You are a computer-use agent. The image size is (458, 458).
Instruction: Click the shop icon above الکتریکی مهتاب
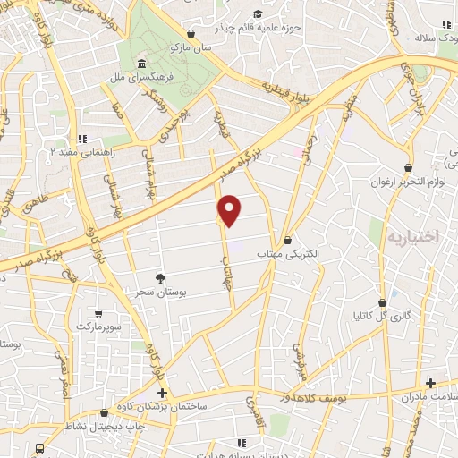[x=287, y=240]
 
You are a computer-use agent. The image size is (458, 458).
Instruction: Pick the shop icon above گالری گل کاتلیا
[x=383, y=301]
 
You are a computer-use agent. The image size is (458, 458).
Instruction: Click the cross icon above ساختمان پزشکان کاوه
[x=161, y=393]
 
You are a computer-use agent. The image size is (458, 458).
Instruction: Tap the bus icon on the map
[x=39, y=448]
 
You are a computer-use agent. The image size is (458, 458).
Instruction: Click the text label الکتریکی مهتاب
[x=288, y=254]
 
